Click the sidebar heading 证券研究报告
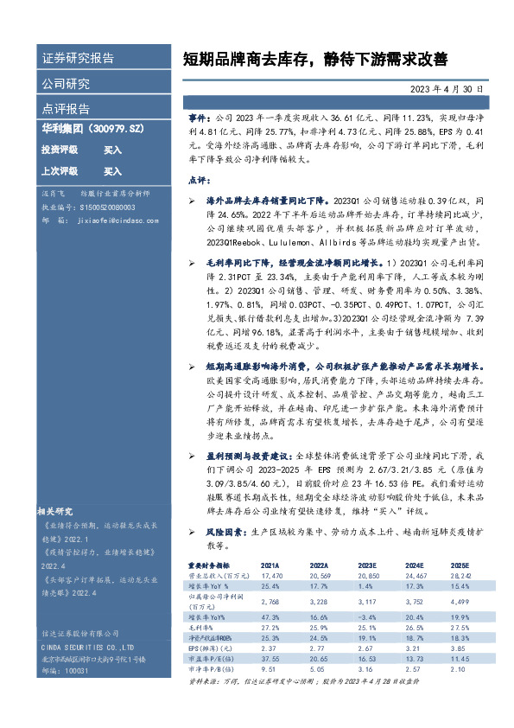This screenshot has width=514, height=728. tap(78, 59)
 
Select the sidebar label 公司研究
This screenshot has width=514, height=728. tap(66, 84)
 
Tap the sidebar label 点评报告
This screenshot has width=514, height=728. tap(66, 109)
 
